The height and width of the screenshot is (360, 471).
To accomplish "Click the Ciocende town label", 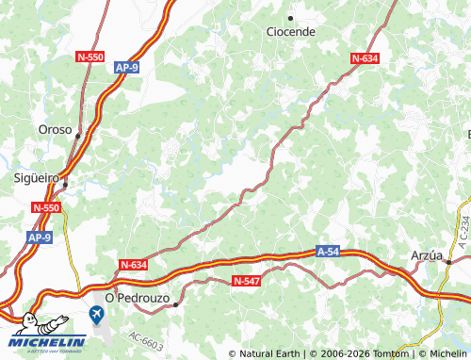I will click(290, 32).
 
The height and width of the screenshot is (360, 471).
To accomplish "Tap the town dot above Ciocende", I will click(290, 18).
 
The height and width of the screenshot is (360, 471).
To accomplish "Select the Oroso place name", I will click(55, 130).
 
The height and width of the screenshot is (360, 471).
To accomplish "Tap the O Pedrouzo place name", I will click(137, 297).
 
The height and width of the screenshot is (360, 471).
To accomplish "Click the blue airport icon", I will click(97, 314).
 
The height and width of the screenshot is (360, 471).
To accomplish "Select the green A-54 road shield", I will click(326, 252).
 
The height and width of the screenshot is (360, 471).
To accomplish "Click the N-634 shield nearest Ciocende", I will click(365, 58).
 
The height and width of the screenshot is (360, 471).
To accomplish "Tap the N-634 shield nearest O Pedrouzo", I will click(134, 266).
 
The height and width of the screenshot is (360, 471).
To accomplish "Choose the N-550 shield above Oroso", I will click(89, 57).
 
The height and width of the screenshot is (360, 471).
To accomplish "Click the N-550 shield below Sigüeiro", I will click(45, 207).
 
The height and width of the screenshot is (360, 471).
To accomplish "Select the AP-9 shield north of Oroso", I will click(127, 68).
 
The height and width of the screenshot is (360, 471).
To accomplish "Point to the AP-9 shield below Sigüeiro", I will click(39, 238).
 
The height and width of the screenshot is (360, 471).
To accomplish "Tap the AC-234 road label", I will click(463, 230).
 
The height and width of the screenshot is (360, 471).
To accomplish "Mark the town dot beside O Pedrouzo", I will click(175, 304).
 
